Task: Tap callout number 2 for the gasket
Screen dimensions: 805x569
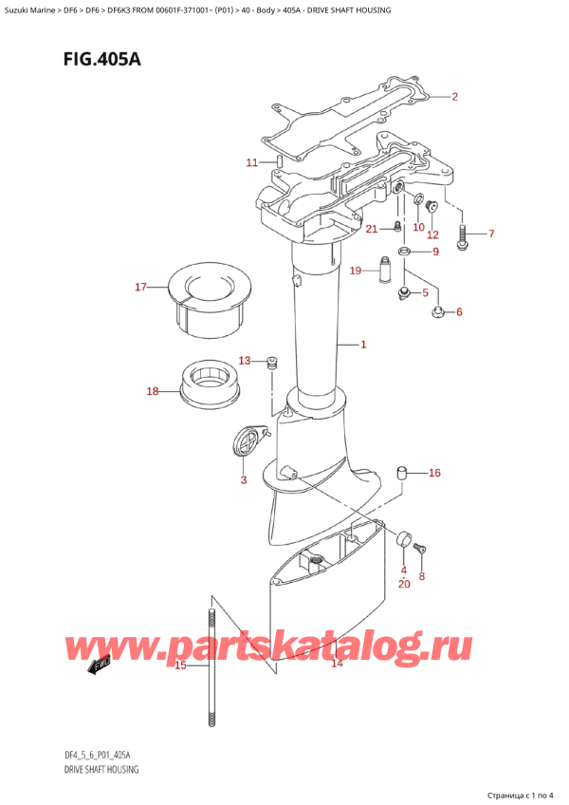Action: click(x=455, y=97)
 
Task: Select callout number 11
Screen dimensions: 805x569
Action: click(x=251, y=163)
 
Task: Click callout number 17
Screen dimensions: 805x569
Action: click(x=141, y=288)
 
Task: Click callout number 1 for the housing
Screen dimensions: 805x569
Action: click(x=363, y=345)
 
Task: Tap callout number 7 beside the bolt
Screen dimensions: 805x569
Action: click(x=490, y=234)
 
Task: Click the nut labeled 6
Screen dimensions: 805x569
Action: click(x=438, y=312)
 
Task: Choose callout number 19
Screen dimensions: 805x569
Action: click(x=356, y=271)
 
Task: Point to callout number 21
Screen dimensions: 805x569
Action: click(x=373, y=228)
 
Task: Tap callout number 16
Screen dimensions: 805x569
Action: click(x=434, y=473)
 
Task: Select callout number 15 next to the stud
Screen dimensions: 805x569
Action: click(x=181, y=665)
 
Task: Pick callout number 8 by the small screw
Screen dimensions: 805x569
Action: click(x=422, y=575)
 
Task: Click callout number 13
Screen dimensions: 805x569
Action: click(x=245, y=361)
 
